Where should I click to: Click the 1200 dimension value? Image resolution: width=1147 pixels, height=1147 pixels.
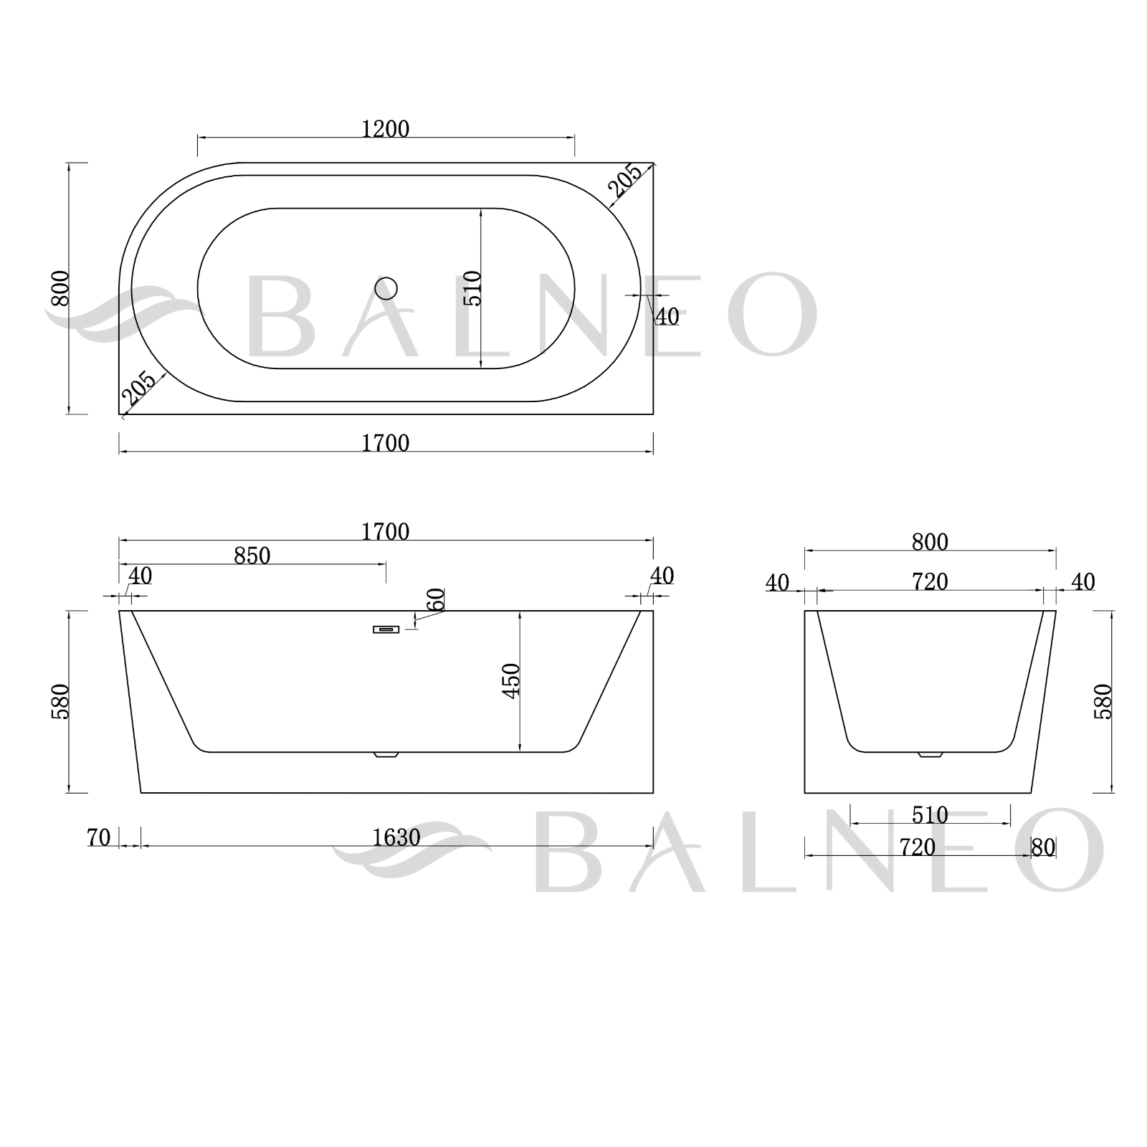386,129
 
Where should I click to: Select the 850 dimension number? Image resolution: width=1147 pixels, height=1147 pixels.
252,556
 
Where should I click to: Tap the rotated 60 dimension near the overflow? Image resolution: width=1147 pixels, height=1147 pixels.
435,599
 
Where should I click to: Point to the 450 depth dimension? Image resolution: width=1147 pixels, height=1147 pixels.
511,681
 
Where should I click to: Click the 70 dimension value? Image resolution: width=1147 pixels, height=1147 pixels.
98,837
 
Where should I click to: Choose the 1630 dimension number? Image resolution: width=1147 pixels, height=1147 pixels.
396,837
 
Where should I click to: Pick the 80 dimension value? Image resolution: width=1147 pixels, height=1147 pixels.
1044,848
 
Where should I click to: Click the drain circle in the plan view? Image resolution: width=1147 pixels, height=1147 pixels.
386,288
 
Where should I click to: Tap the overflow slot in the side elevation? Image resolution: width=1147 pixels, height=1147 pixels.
386,629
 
